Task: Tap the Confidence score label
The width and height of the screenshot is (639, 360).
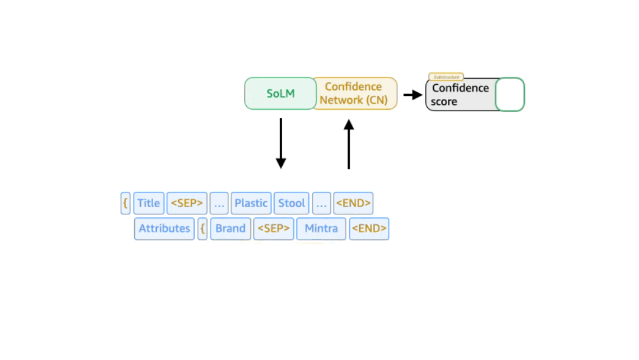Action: [460, 95]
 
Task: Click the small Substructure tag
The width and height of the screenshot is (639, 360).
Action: [446, 77]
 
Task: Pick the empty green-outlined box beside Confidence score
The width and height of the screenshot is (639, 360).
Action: [509, 95]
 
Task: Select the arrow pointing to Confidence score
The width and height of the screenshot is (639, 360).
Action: [412, 95]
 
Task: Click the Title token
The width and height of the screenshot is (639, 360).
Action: [149, 203]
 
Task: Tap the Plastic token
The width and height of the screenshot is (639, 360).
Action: [251, 203]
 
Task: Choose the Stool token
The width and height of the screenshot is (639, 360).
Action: [292, 203]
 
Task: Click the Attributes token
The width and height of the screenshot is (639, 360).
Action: [164, 229]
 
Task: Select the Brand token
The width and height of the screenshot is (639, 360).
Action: [230, 229]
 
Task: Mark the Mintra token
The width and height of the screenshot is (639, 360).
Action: [321, 229]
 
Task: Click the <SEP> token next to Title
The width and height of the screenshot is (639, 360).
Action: [187, 203]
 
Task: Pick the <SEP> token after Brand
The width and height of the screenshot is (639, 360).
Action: [273, 229]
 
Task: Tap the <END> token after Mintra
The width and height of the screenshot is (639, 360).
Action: [369, 229]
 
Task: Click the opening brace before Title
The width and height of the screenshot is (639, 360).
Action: [125, 203]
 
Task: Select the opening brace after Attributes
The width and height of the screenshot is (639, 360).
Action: [202, 229]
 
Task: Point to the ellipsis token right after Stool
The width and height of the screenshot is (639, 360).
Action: [321, 203]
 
